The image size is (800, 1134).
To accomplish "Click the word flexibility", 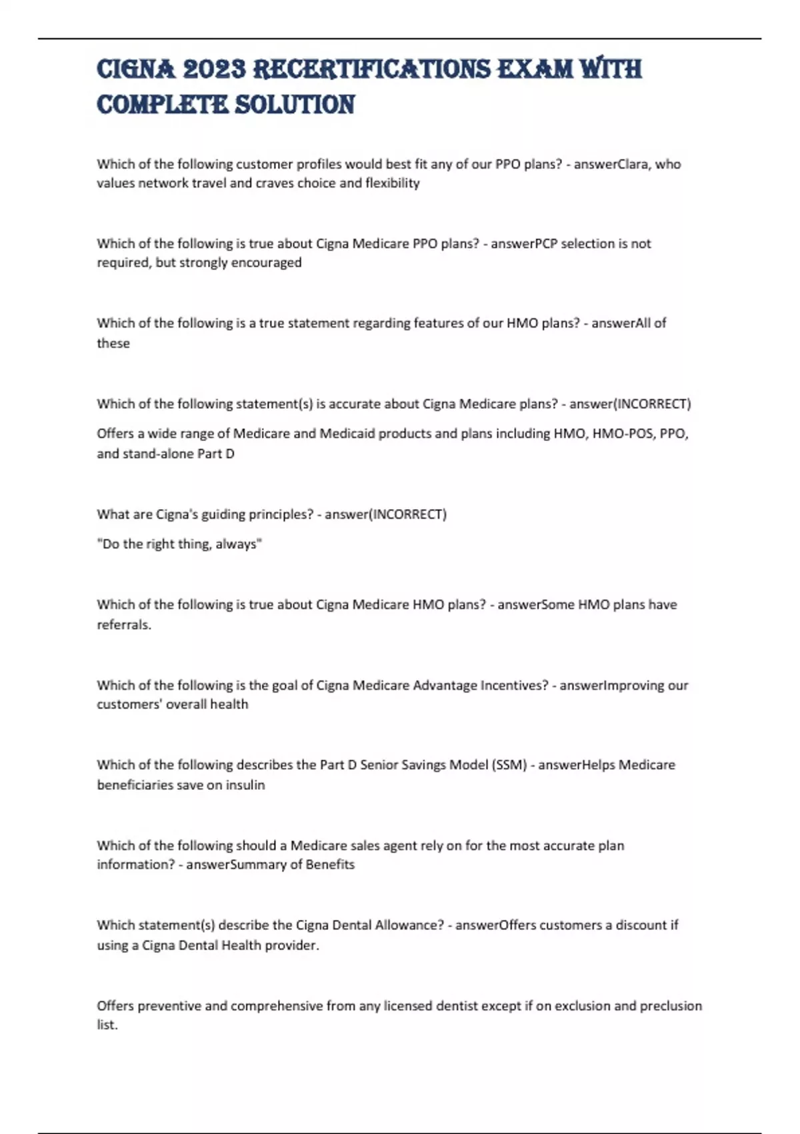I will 392,183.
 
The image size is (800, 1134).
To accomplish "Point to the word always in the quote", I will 237,544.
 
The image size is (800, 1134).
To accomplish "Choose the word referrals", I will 124,625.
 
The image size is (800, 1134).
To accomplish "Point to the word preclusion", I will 671,1006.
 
